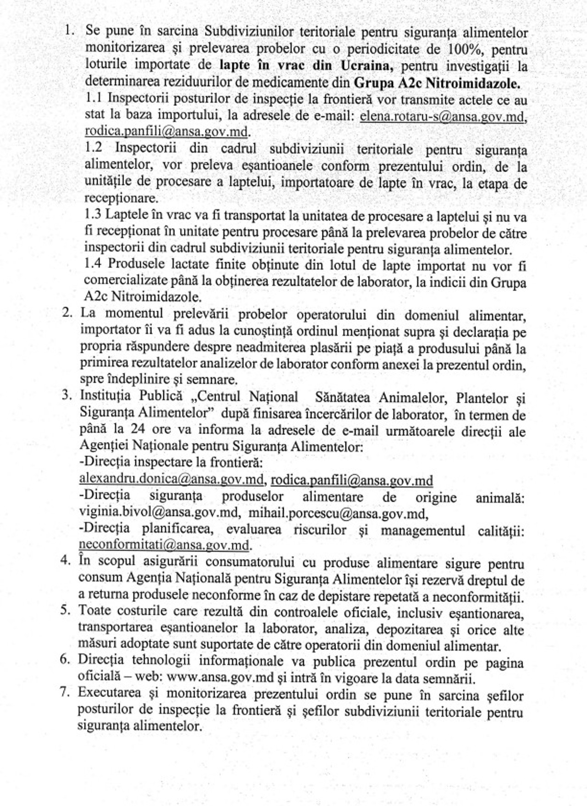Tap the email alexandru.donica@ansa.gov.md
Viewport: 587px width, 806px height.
(171, 479)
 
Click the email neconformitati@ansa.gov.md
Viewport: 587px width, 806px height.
(164, 545)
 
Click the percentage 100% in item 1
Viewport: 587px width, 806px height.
(460, 50)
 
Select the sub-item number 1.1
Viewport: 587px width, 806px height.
(95, 99)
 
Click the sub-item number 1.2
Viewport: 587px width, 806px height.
(95, 148)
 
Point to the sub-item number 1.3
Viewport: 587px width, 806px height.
(94, 215)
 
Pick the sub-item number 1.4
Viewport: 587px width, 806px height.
(94, 264)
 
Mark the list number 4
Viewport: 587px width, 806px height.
(65, 561)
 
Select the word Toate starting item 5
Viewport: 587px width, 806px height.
(94, 611)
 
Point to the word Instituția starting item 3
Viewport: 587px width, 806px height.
(105, 395)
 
